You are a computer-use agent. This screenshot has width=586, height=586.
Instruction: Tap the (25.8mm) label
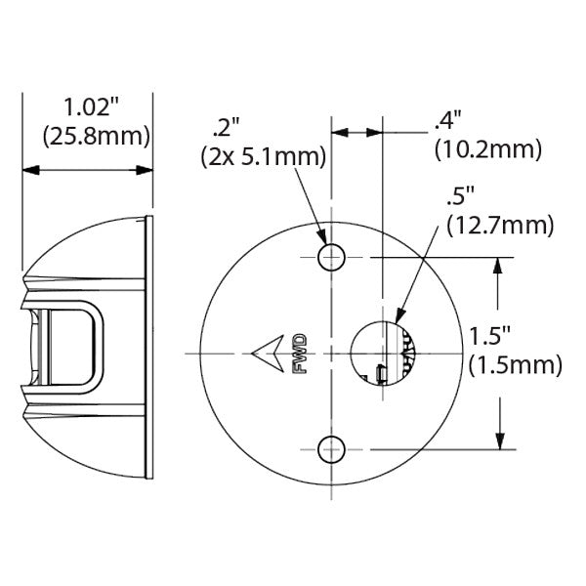point(88,136)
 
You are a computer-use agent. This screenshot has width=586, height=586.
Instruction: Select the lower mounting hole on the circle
point(332,448)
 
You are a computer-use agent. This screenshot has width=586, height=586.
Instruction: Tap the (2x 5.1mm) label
point(259,154)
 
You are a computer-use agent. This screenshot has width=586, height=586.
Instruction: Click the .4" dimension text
point(447,121)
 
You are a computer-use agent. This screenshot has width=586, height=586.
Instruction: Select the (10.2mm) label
point(485,149)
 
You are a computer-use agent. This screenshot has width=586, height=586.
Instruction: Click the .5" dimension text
point(459,195)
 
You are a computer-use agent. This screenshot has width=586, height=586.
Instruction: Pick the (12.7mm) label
point(499,225)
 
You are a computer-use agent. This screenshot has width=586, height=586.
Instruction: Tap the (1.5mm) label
point(515,366)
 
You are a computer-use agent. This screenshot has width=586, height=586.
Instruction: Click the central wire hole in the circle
point(382,352)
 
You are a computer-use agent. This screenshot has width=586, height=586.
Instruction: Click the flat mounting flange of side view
point(149,350)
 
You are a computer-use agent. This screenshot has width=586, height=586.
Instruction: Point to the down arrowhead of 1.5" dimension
point(501,440)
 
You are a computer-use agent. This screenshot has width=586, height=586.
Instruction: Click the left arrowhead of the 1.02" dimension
point(28,171)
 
